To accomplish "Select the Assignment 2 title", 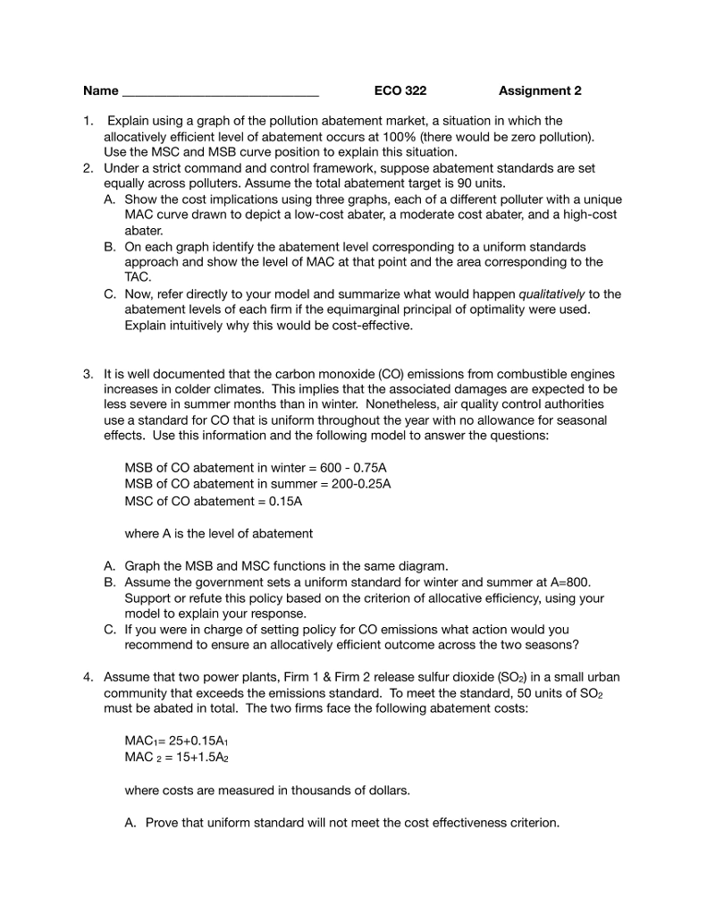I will coord(540,91).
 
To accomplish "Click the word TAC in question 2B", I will coord(135,277).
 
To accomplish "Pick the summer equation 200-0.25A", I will coord(355,484).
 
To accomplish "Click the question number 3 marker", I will coord(87,373).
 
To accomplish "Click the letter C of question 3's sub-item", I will coord(109,629).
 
